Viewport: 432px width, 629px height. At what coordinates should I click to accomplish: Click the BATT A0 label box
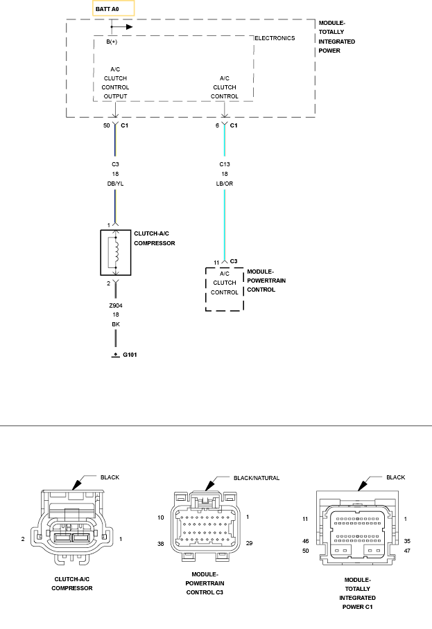point(113,8)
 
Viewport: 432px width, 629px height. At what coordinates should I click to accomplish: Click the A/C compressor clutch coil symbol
point(116,253)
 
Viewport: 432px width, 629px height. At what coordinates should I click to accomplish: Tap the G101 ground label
point(130,355)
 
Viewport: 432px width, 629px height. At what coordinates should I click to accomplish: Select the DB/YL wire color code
point(115,184)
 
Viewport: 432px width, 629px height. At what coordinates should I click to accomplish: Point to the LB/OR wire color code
point(225,184)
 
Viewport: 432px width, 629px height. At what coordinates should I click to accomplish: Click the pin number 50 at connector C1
point(106,125)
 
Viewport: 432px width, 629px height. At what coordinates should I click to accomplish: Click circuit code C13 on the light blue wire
point(225,164)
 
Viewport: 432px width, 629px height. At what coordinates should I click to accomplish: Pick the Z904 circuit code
point(116,305)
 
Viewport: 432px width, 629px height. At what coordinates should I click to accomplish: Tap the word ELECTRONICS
point(275,38)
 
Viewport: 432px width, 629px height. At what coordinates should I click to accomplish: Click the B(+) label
point(112,42)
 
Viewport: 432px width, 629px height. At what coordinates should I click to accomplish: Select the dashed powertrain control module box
point(225,290)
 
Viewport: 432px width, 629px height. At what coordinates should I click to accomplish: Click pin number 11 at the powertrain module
point(216,263)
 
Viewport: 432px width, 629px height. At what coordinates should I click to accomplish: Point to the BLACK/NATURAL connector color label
point(257,478)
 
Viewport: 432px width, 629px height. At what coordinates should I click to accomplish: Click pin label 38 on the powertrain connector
point(161,544)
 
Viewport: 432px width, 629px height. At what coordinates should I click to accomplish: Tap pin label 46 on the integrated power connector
point(306,541)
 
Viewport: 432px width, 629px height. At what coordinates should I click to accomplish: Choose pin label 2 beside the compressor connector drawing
point(23,539)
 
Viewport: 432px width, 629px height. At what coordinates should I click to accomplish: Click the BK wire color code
point(116,324)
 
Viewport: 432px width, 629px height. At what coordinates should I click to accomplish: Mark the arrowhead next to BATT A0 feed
point(129,27)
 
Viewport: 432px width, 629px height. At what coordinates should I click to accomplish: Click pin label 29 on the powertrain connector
point(250,543)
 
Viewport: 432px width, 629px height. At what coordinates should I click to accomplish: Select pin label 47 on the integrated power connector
point(407,551)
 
